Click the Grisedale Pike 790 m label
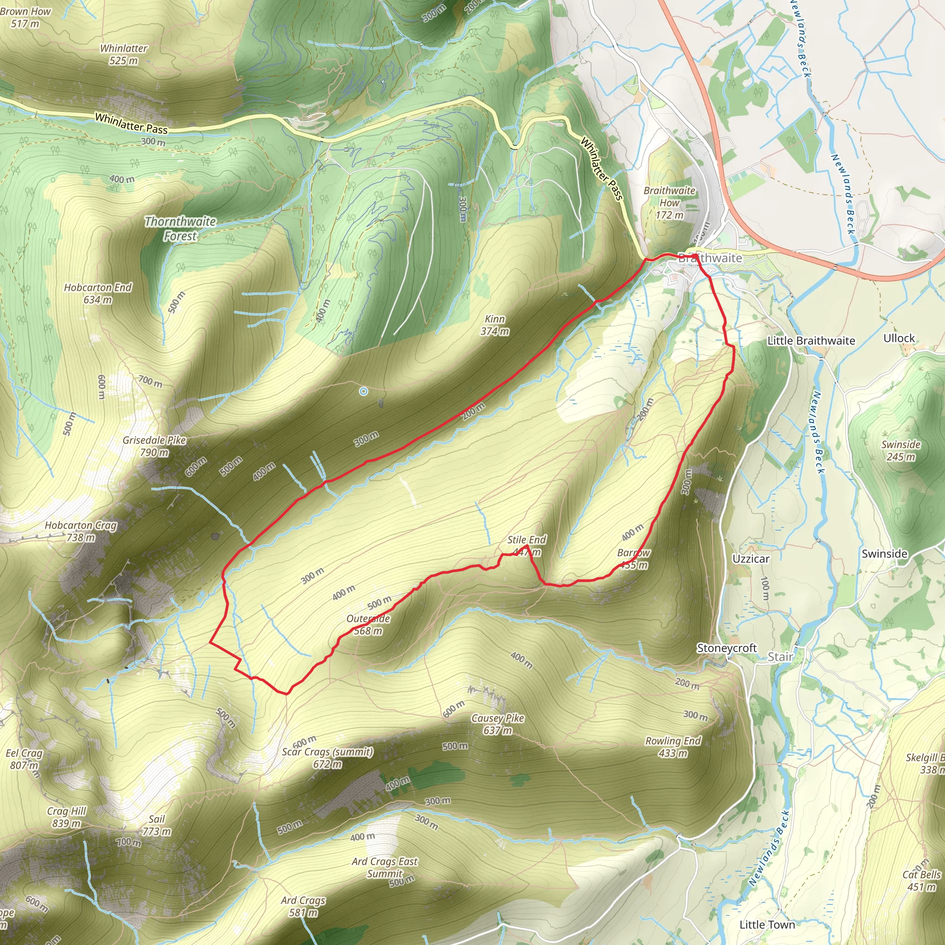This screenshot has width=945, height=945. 154,446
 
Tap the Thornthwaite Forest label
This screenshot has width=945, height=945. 180,228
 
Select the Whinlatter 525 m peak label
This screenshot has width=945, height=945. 123,54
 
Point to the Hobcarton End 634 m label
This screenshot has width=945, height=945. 98,293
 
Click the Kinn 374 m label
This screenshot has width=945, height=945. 495,325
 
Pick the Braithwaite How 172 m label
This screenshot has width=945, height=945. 669,203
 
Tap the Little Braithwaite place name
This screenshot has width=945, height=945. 811,341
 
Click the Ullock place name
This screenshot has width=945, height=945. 899,338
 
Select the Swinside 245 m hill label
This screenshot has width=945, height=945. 901,450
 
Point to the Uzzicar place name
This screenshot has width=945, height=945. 751,559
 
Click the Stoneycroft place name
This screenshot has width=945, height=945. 726,648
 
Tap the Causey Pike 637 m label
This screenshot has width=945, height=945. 497,724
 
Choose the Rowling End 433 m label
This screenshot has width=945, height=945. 673,747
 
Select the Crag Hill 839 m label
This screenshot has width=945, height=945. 66,817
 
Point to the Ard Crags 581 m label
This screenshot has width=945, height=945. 303,906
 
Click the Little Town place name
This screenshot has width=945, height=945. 767,924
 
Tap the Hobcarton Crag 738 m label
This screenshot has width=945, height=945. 81,531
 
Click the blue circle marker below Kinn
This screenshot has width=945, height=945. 364,391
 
